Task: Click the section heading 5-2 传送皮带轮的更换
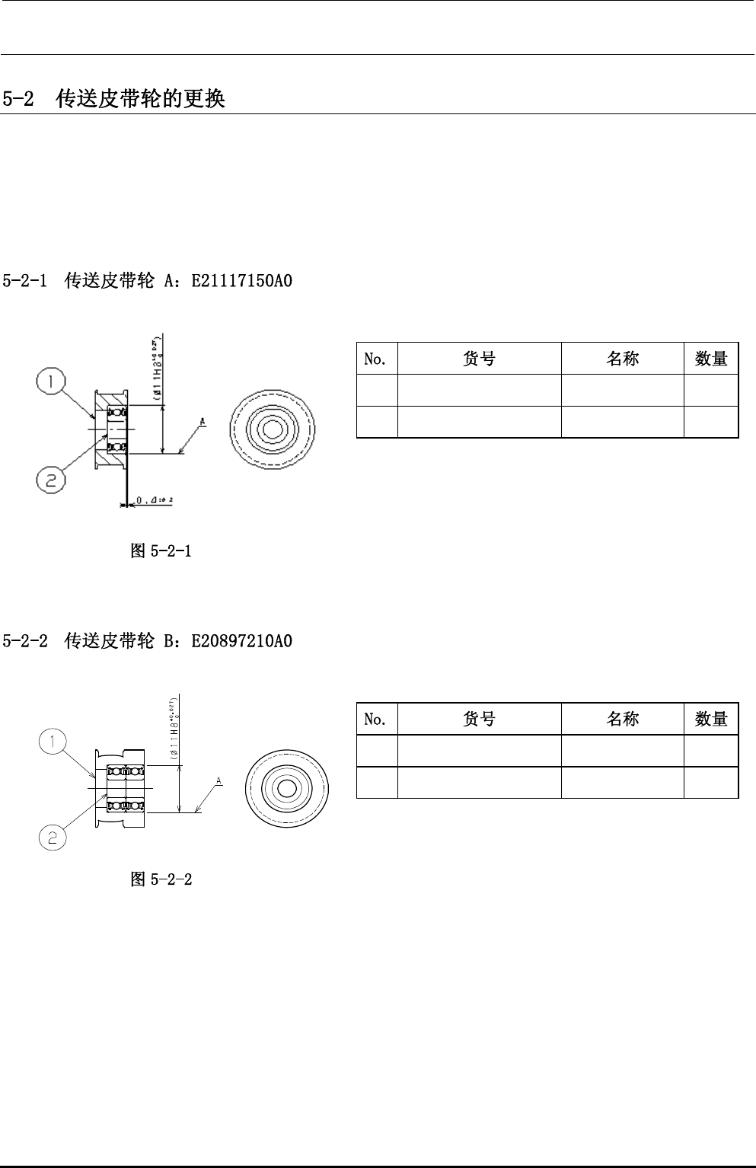(x=114, y=100)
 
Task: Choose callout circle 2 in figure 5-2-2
(x=53, y=838)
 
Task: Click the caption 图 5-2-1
(x=161, y=550)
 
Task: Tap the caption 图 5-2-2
(x=161, y=879)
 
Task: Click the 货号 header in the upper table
(x=479, y=359)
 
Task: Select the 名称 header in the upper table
(x=622, y=359)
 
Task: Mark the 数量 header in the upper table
(x=711, y=359)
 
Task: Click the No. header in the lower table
(x=376, y=720)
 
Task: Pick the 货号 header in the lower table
(x=479, y=720)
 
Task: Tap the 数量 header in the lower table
(x=711, y=720)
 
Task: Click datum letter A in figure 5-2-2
(x=218, y=781)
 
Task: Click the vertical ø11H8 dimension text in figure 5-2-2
(x=174, y=728)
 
